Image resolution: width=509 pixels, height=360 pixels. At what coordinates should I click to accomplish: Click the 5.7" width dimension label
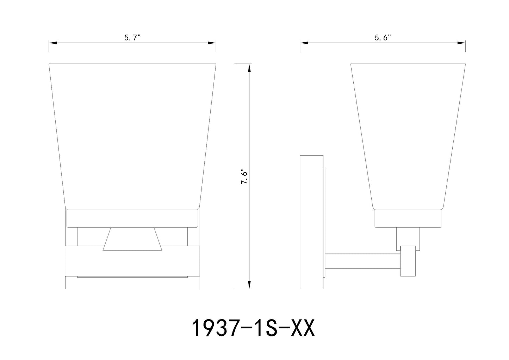132,37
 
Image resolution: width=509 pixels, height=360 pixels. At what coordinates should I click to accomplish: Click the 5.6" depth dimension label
383,37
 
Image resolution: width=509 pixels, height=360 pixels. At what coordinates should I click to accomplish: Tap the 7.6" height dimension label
244,176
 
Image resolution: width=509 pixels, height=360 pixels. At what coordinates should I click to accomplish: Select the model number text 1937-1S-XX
253,328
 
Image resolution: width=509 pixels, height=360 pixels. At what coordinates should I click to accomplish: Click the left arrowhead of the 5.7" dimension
53,43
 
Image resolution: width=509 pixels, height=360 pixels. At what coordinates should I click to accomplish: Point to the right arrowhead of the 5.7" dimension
212,43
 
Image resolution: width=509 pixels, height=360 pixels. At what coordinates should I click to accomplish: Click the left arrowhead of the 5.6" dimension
304,43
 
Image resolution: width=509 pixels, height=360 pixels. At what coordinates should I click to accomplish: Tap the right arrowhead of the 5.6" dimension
461,43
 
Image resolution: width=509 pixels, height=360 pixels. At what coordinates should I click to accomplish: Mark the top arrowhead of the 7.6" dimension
249,68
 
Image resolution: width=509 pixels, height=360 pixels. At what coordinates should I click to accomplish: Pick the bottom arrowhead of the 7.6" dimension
249,285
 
